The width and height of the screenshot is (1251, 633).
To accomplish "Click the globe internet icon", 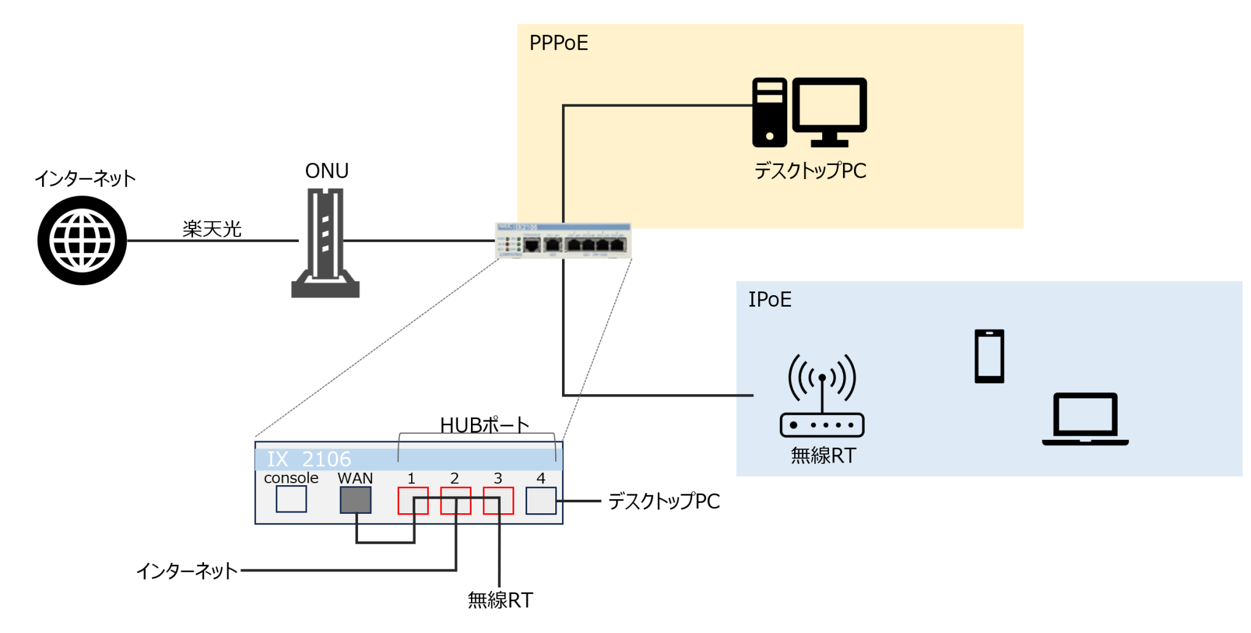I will pos(82,240).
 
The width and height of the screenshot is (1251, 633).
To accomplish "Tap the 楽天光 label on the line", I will pos(212,229).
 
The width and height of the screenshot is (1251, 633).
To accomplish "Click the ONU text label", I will pos(327,171).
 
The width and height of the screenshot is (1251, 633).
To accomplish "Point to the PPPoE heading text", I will pos(558,43).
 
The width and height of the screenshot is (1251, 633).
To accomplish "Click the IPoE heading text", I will pos(770,299).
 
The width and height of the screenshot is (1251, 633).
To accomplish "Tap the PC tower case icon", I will pos(769,112).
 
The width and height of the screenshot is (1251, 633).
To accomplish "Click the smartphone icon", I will pos(989,356).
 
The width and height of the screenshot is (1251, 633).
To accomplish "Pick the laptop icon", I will pos(1085,419).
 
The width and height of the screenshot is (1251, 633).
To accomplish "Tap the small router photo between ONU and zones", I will pos(563,241).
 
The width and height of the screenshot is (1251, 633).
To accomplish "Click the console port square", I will pos(291,499).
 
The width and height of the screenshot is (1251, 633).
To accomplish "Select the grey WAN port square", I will pos(356,500).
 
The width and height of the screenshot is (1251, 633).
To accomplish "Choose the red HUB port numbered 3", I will pos(498,500).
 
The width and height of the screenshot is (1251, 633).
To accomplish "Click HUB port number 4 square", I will pos(541,500).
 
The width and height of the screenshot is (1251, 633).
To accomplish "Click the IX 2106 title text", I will pos(309,459).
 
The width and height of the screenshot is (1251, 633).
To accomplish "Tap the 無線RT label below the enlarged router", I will pos(500,600).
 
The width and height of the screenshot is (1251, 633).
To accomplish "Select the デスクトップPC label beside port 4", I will pos(664,501).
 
